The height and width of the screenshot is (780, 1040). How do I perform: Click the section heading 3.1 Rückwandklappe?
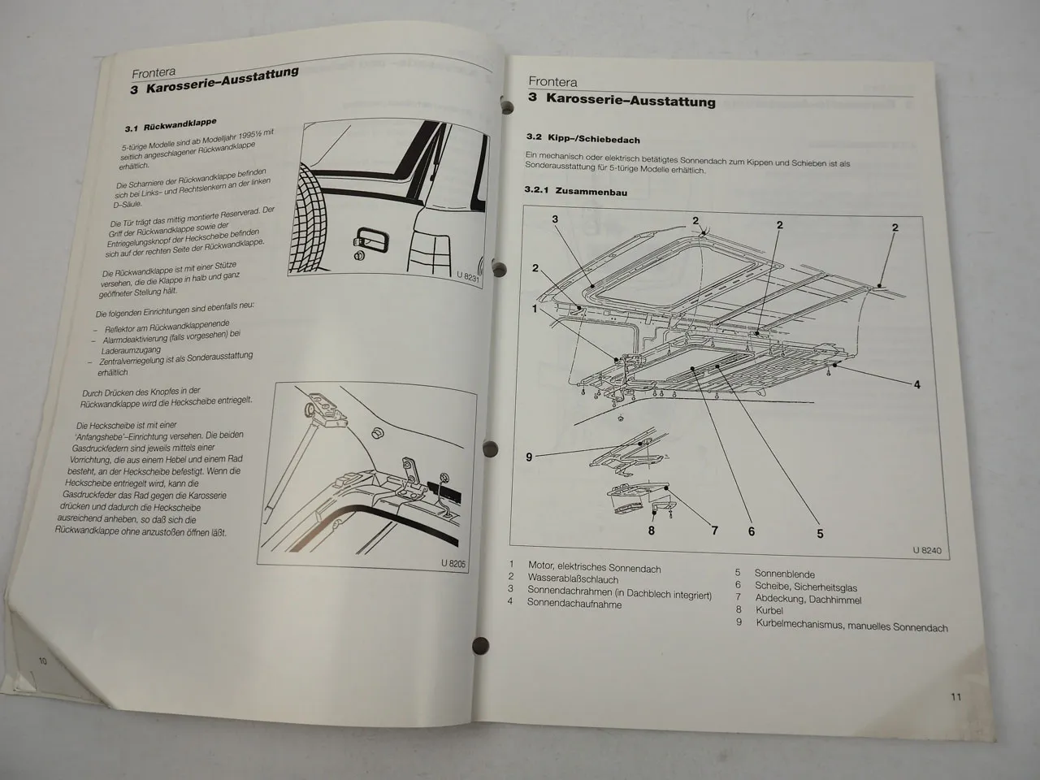point(171,125)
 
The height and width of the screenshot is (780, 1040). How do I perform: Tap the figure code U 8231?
point(470,275)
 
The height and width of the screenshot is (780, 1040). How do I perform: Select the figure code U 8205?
point(453,563)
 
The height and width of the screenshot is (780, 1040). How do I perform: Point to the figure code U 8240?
point(926,551)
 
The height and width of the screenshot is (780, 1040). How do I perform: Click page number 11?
point(955,696)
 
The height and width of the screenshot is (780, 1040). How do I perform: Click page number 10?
point(42,661)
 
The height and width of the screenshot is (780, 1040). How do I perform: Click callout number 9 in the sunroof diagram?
point(529,457)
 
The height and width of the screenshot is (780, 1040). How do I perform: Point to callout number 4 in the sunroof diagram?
point(917,384)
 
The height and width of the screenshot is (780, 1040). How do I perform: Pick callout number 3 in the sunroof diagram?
point(555,219)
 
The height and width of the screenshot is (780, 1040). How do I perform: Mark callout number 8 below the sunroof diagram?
point(651,531)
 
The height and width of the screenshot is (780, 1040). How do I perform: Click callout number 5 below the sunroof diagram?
point(820,534)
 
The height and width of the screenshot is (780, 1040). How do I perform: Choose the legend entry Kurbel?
point(769,610)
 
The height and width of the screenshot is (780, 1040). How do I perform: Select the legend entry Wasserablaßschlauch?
point(572,579)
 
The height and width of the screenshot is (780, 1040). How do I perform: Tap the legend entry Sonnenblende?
point(784,574)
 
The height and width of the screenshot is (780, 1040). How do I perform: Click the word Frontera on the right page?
point(552,81)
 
